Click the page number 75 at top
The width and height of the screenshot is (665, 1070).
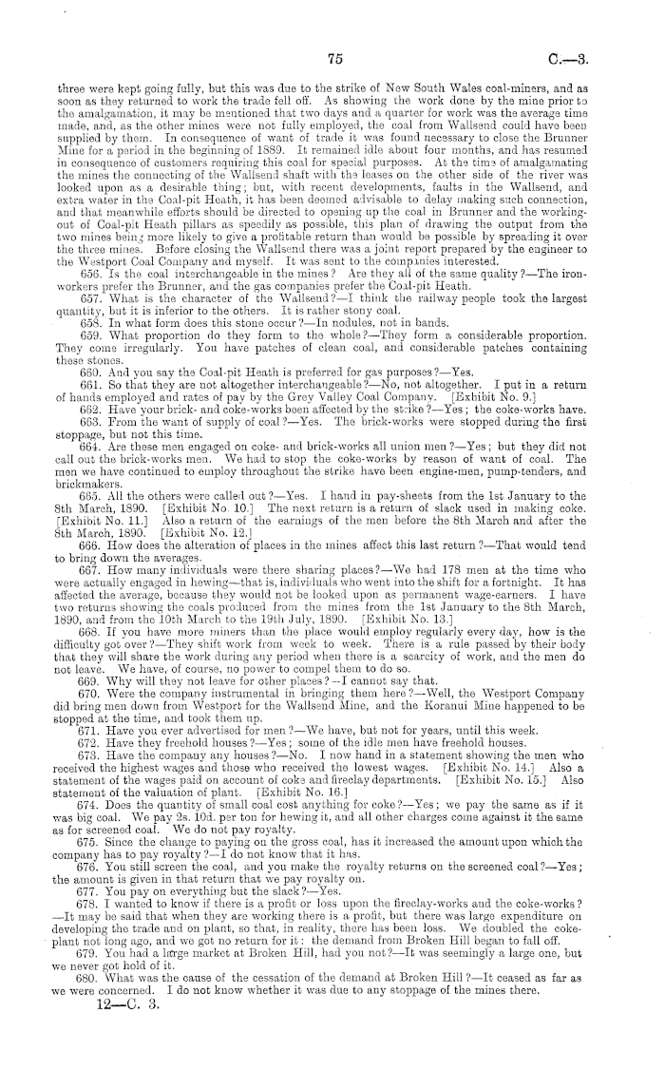pos(332,58)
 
